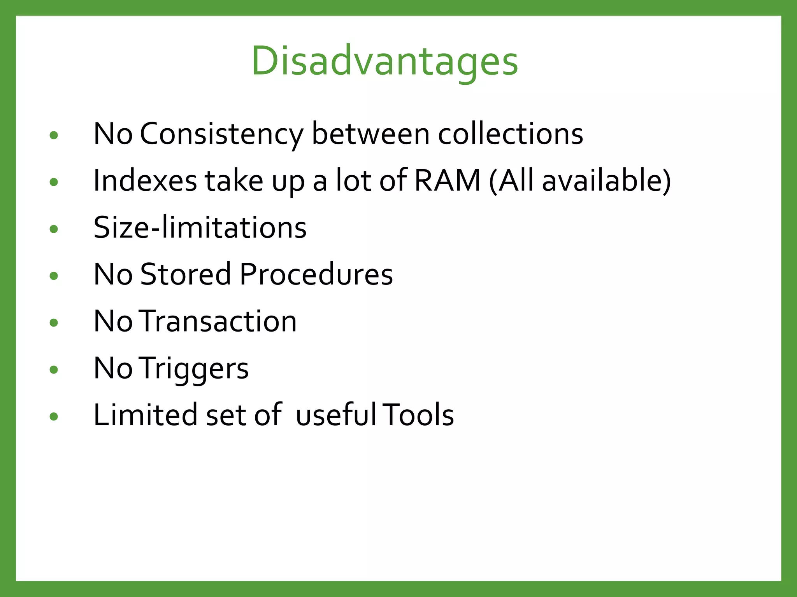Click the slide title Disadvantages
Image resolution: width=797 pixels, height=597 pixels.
tap(384, 61)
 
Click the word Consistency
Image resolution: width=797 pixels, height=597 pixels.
tap(221, 134)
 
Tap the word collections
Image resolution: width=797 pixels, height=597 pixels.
tap(510, 134)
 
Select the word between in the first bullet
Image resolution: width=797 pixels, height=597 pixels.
tap(370, 134)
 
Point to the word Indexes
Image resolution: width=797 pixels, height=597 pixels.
tap(145, 181)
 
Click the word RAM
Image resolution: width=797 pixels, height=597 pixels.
tap(448, 181)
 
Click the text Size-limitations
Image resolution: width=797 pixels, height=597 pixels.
tap(200, 228)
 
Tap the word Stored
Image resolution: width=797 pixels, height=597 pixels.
tap(186, 274)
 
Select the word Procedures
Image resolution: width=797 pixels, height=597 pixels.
tap(316, 274)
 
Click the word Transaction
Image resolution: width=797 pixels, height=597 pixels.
tap(218, 321)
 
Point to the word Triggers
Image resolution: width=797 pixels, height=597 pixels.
tap(193, 369)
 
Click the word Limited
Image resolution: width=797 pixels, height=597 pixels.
tap(145, 415)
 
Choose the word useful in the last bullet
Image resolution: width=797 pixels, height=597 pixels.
tap(336, 415)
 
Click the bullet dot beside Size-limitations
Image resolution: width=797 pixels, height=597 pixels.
tap(54, 229)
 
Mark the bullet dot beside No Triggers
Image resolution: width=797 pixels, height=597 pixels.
tap(54, 370)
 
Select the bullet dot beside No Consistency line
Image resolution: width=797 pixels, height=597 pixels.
tap(54, 135)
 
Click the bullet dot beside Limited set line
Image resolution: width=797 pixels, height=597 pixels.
tap(54, 417)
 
